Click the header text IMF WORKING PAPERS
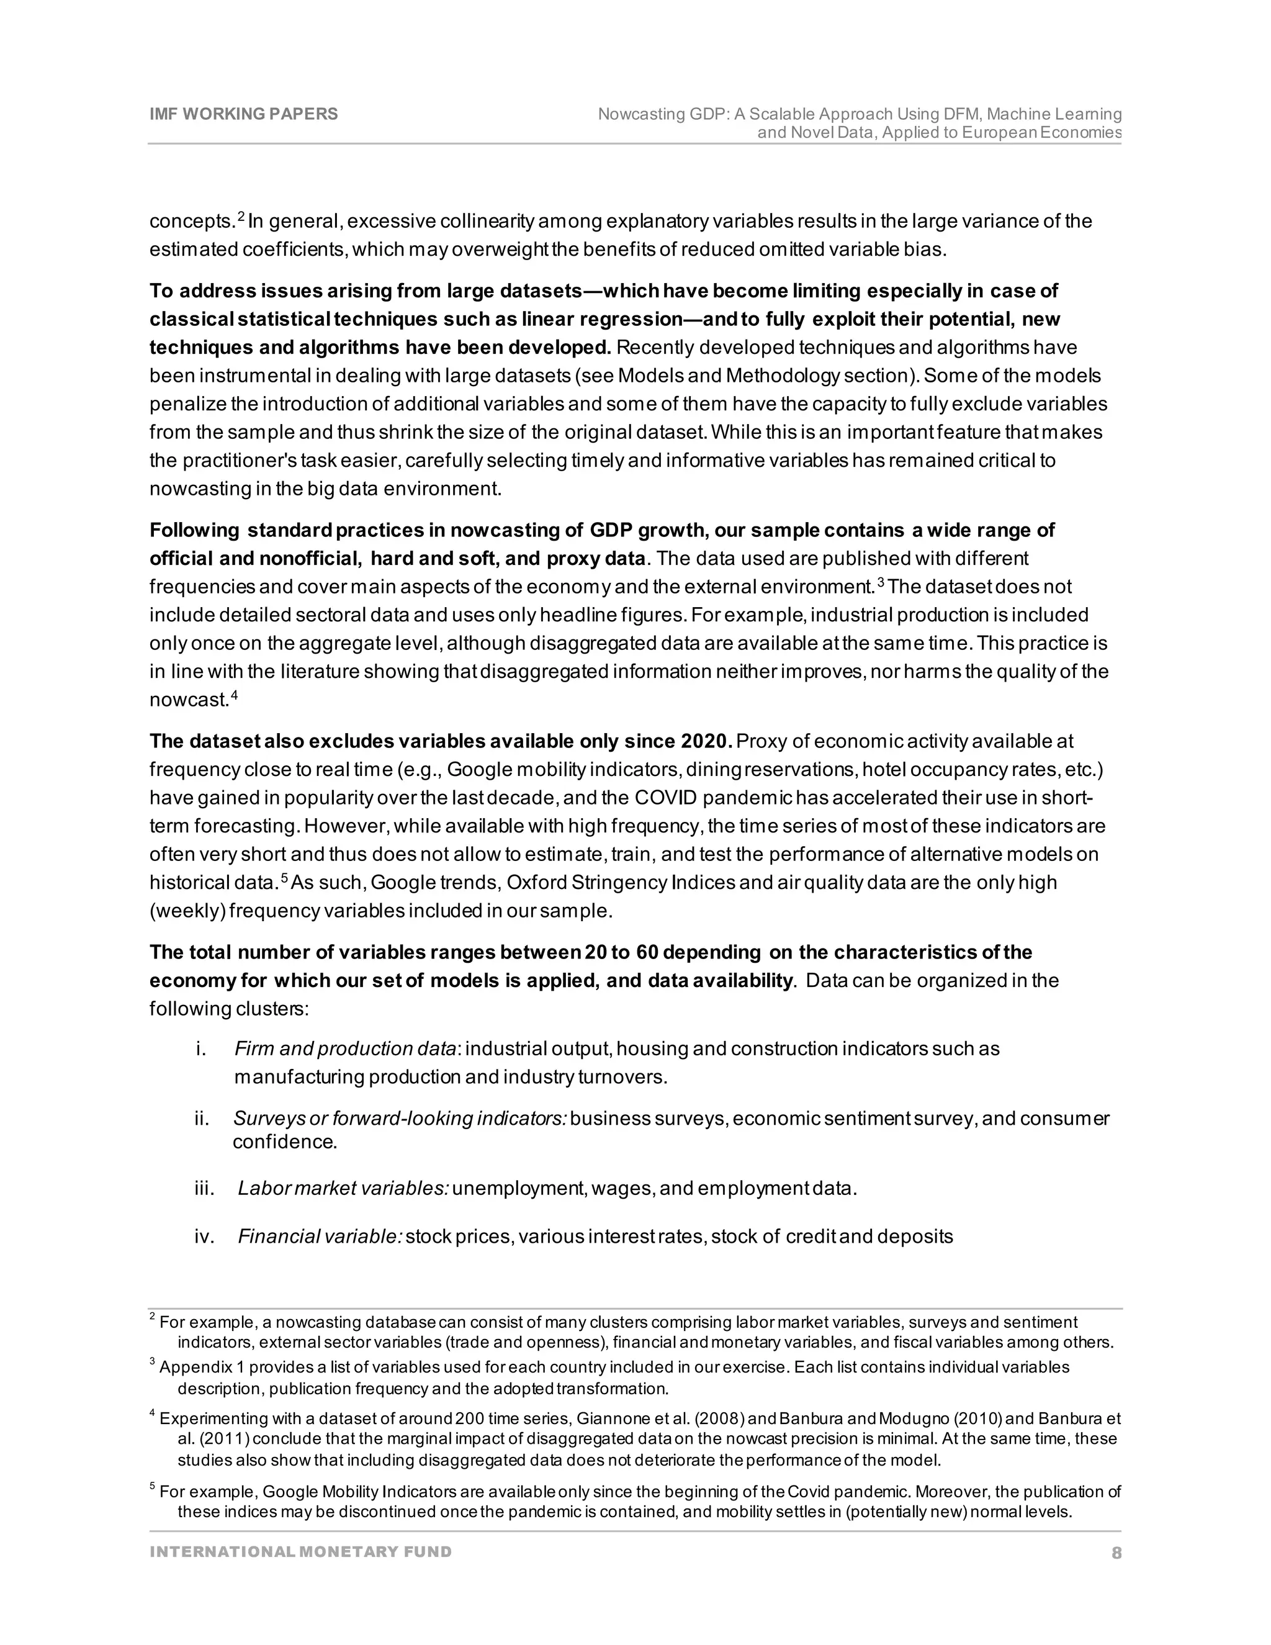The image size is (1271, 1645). point(243,114)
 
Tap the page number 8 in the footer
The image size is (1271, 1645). point(1116,1553)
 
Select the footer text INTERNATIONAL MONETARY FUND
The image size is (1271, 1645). point(300,1552)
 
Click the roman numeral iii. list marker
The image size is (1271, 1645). point(205,1189)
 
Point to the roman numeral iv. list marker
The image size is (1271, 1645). point(205,1237)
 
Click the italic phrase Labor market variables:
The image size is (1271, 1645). point(343,1189)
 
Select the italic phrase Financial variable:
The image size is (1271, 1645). point(320,1237)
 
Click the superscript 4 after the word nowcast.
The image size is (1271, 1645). point(234,696)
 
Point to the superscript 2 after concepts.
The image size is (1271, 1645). point(241,217)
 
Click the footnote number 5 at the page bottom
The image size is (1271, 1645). point(153,1487)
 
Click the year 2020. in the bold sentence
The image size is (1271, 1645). point(706,741)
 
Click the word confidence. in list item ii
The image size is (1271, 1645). point(285,1142)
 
